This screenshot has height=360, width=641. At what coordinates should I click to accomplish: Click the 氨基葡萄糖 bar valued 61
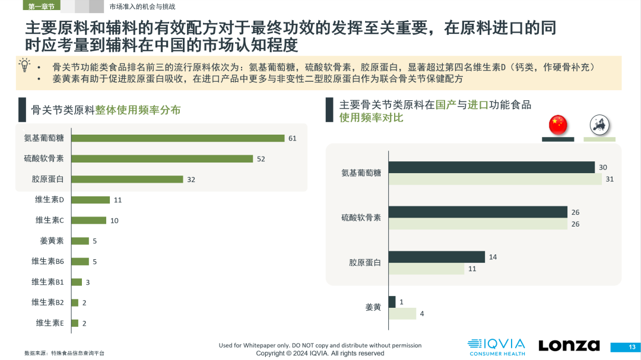(x=178, y=138)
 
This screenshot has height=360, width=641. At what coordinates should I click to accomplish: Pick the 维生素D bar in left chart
(x=90, y=200)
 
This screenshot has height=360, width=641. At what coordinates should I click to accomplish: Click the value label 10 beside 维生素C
(x=115, y=221)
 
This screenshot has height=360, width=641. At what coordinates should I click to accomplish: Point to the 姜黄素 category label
(x=52, y=241)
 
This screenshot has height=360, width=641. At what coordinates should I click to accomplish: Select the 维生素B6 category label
(x=47, y=261)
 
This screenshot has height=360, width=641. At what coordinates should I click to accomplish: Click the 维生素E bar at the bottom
(x=74, y=323)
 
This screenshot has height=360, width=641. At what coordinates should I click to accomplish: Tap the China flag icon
(x=557, y=125)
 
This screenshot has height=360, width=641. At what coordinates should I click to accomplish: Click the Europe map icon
(x=599, y=125)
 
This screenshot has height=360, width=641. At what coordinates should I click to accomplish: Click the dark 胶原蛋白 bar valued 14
(x=436, y=257)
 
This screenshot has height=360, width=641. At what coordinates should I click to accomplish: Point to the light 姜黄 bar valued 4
(x=402, y=314)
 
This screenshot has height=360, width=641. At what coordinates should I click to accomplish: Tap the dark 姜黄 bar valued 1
(x=391, y=302)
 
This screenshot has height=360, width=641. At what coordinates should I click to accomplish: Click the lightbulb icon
(x=24, y=65)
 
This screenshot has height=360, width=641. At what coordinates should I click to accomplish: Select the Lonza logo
(x=569, y=345)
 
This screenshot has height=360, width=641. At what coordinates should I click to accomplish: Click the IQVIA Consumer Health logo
(x=496, y=347)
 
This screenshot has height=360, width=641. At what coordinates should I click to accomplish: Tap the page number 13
(x=632, y=347)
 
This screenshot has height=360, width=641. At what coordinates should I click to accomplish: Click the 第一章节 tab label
(x=41, y=7)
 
